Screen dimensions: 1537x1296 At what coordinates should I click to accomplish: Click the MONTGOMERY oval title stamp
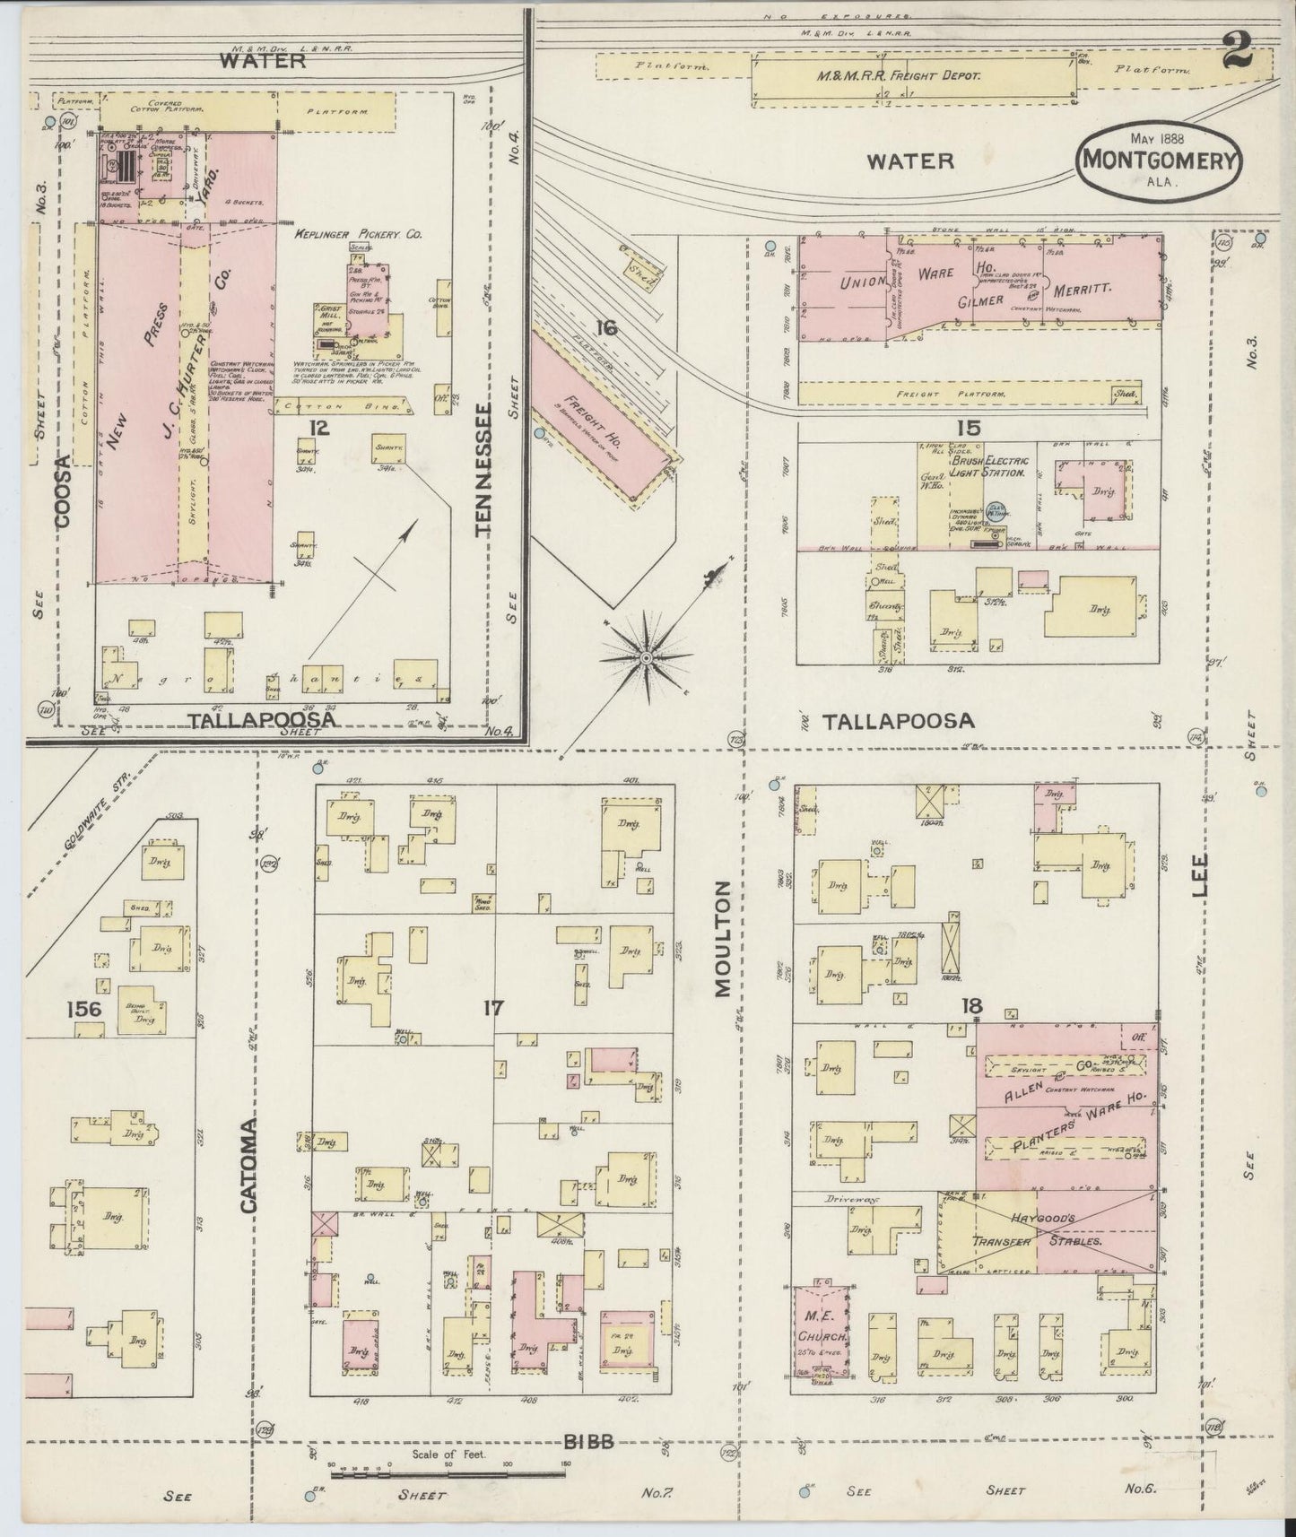point(1159,158)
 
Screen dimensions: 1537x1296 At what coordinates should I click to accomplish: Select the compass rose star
point(646,658)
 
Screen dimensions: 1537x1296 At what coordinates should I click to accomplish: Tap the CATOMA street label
point(248,1165)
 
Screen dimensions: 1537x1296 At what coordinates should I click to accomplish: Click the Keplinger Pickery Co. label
point(358,234)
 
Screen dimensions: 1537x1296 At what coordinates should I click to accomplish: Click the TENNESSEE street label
point(485,470)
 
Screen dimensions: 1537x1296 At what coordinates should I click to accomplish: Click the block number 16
point(606,329)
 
